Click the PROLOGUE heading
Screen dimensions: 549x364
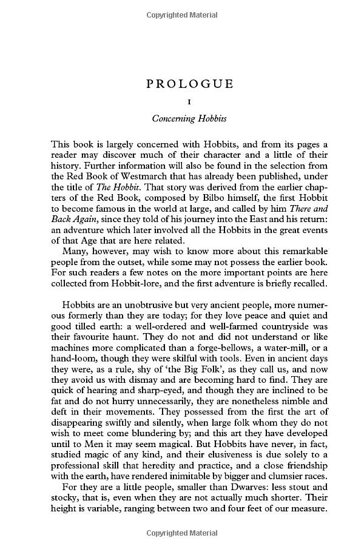coord(190,84)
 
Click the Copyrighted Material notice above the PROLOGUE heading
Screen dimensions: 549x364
coord(182,12)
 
